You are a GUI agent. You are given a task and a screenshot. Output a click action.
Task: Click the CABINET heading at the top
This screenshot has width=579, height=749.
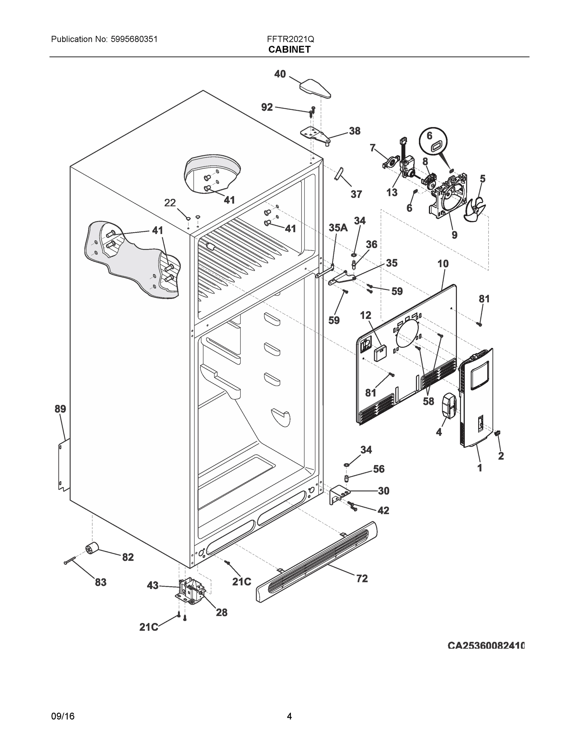click(x=289, y=50)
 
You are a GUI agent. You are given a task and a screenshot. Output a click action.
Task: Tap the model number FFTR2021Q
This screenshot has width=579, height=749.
click(x=290, y=39)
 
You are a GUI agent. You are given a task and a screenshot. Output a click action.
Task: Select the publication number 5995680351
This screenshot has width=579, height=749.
click(x=134, y=39)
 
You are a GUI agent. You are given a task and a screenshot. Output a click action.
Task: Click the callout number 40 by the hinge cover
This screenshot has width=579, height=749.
click(x=280, y=74)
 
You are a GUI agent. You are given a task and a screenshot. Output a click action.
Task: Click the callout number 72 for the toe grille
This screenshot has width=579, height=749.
click(x=362, y=579)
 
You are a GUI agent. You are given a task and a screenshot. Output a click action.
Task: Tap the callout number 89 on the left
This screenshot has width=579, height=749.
click(x=60, y=409)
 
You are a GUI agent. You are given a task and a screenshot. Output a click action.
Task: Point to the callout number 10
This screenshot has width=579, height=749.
click(x=443, y=264)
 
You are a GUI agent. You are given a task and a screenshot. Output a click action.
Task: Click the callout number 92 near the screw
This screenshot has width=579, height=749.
click(x=267, y=107)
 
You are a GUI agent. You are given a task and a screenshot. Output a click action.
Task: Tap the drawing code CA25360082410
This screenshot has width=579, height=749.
click(x=486, y=646)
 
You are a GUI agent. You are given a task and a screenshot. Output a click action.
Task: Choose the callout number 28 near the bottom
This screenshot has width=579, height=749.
click(x=222, y=612)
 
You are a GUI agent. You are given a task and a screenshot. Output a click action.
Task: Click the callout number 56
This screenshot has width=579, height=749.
click(x=379, y=469)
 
